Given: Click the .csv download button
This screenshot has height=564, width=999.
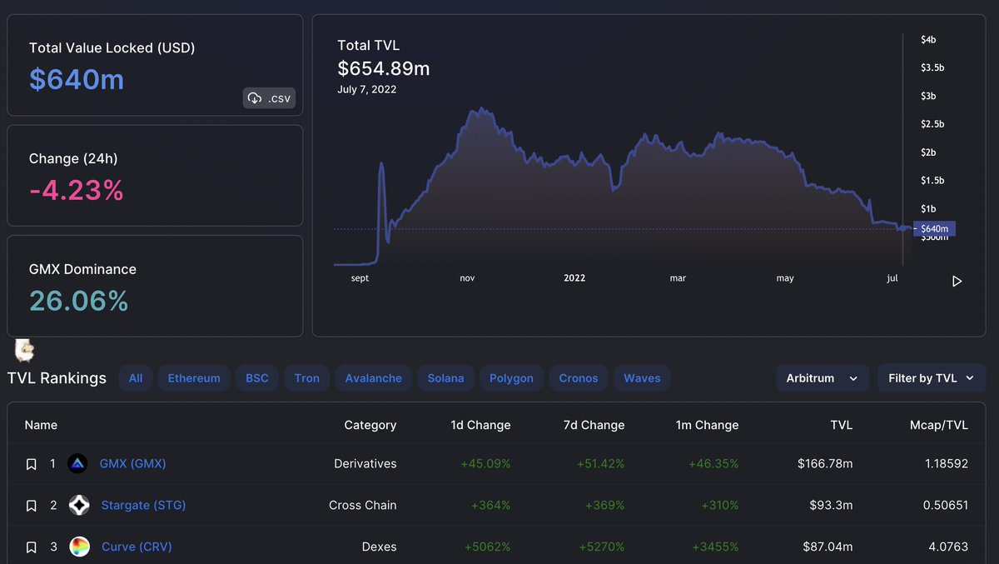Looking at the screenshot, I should [x=269, y=98].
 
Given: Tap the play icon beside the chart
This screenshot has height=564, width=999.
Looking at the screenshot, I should [x=957, y=282].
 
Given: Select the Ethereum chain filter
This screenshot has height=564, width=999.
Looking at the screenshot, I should [x=194, y=378].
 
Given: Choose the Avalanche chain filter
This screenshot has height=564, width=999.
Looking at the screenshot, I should [x=373, y=378].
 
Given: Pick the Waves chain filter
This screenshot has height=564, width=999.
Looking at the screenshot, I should [x=642, y=378].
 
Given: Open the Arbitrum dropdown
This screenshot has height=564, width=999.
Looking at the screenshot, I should [x=822, y=378].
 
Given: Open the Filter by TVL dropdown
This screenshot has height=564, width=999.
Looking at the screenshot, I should [x=931, y=378].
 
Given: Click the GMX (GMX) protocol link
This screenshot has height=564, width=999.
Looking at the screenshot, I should [x=132, y=463].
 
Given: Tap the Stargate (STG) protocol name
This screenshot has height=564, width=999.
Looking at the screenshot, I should [x=143, y=505].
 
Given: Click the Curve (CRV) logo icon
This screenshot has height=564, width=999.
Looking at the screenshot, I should [x=79, y=547].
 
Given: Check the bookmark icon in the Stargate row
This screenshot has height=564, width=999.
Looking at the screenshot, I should [x=31, y=506].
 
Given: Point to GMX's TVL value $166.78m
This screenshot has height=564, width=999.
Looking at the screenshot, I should [x=824, y=463].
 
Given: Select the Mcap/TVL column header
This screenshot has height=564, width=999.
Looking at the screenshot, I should [x=938, y=425].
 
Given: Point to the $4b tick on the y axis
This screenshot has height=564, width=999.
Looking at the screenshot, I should [x=928, y=39].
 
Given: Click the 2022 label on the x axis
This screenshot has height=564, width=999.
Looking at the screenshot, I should [x=574, y=278].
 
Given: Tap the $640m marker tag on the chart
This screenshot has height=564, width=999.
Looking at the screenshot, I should [x=934, y=228].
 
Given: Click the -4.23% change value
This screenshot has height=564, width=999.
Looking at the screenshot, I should [x=77, y=191].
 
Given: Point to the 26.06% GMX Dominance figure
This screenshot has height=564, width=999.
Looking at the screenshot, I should [x=79, y=301].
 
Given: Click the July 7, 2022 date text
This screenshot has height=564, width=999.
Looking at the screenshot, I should [x=366, y=89].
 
